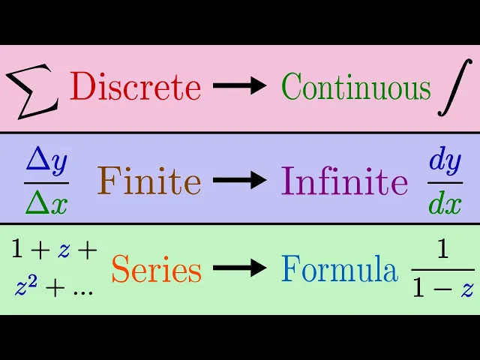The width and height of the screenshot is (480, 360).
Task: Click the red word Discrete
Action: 136,88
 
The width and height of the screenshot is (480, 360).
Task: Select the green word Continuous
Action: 356,88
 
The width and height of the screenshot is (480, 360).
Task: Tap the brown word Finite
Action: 149,181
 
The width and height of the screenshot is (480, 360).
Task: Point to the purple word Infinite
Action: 345,181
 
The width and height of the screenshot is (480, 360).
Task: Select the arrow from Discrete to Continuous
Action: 240,86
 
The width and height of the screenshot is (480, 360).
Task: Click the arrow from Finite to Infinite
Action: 240,181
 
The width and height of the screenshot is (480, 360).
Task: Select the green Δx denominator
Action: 46,202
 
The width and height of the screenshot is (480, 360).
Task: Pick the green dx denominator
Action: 445,202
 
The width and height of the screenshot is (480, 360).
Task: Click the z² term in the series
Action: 25,286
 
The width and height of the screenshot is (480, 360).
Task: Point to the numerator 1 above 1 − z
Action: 442,251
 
